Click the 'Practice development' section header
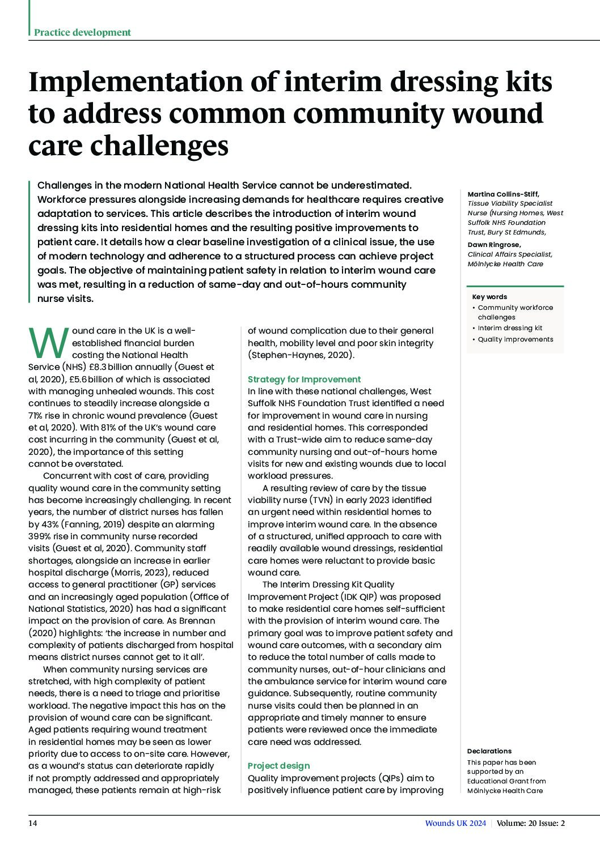(82, 32)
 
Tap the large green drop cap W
(47, 342)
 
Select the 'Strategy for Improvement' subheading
(304, 379)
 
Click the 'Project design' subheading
(278, 765)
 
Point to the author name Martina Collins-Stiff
(504, 194)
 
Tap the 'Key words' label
(489, 297)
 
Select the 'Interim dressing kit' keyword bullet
(510, 328)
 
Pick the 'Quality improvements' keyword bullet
(515, 339)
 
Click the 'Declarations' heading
(489, 751)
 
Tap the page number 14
(33, 824)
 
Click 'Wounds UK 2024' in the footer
(455, 824)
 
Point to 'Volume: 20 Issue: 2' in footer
(531, 824)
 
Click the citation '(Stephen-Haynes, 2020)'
(301, 355)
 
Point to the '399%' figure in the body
(40, 536)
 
